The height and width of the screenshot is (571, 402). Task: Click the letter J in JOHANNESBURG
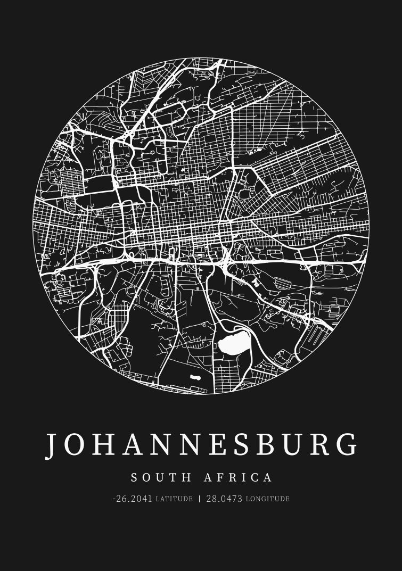pos(52,445)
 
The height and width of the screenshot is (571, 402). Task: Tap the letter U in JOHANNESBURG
pos(294,444)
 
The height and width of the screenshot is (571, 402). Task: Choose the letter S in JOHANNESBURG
pos(240,444)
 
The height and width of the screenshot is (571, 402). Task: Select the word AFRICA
pos(238,477)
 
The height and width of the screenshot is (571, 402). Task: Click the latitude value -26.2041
pos(132,499)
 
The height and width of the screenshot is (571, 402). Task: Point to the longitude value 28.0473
pos(224,499)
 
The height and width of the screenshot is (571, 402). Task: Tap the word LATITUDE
pos(174,499)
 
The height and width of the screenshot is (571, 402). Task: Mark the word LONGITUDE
pos(268,499)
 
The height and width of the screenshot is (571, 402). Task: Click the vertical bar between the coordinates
pos(200,499)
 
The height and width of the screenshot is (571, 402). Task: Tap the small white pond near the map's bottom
pos(195,378)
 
